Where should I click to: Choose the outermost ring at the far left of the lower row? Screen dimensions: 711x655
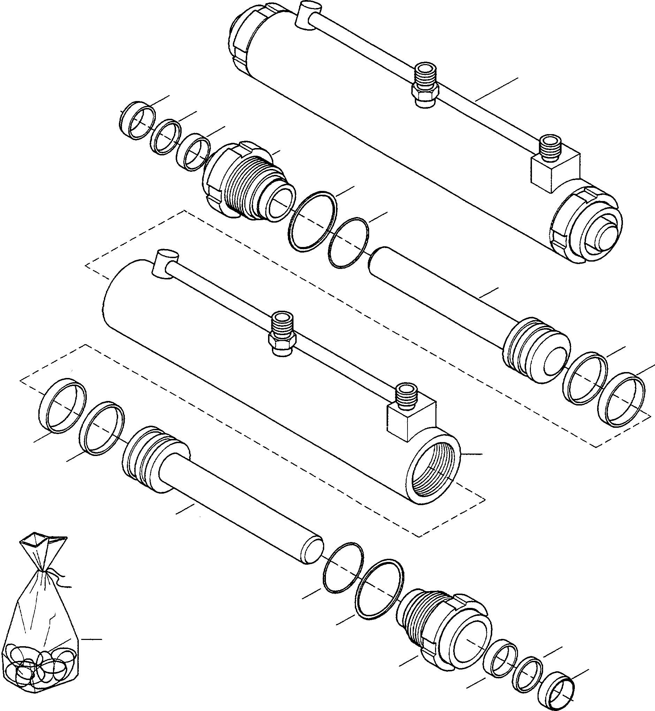point(62,405)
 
